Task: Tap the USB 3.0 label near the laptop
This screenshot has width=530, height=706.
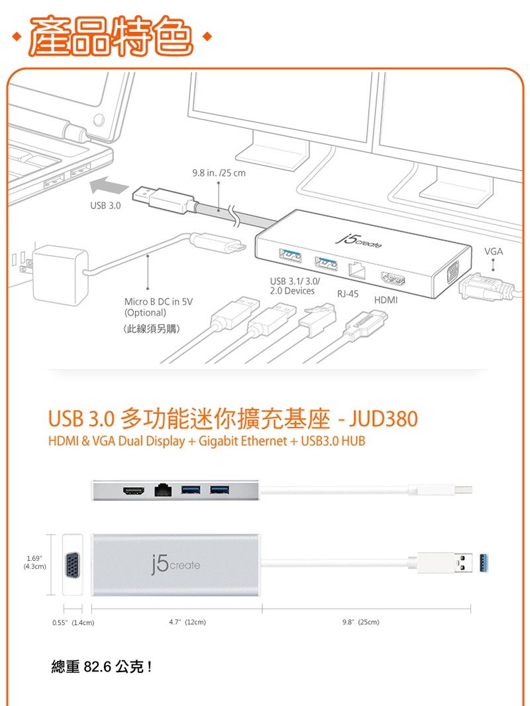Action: click(x=106, y=206)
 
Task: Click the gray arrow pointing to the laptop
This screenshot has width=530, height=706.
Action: click(x=108, y=185)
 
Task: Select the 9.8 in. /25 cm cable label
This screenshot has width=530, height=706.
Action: click(x=218, y=174)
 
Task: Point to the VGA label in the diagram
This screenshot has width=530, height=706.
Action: click(x=493, y=252)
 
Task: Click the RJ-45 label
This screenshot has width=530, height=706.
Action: click(x=348, y=293)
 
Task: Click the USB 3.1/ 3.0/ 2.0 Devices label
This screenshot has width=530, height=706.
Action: click(x=292, y=286)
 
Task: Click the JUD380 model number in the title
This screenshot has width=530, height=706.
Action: click(x=384, y=419)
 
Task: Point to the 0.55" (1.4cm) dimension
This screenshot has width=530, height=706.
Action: click(x=73, y=623)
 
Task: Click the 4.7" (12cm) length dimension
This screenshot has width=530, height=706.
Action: click(x=188, y=623)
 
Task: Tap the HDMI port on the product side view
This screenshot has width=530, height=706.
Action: click(x=132, y=491)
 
